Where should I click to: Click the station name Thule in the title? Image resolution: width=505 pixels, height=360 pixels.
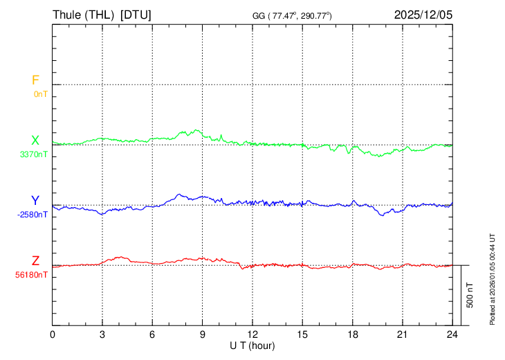click(x=68, y=15)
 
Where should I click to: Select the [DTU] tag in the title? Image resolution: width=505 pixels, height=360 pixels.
click(x=136, y=15)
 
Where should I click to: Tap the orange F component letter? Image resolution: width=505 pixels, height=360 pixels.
click(x=35, y=80)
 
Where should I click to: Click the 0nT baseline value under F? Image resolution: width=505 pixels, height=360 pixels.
click(x=41, y=93)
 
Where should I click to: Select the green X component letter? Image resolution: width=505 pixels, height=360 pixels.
click(x=35, y=141)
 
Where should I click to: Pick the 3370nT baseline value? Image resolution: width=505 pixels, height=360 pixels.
click(x=33, y=154)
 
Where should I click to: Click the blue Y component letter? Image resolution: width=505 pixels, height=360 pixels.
click(x=35, y=201)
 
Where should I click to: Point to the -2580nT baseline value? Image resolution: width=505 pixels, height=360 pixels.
click(x=33, y=215)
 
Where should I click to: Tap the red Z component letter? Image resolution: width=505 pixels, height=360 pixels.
click(x=35, y=261)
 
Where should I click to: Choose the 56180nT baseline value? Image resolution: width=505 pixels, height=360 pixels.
click(x=32, y=275)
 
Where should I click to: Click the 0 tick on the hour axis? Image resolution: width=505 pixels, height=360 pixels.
click(x=53, y=334)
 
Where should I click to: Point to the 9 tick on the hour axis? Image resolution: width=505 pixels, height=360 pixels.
click(x=203, y=334)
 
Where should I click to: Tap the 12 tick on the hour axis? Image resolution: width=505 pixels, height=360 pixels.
click(x=252, y=334)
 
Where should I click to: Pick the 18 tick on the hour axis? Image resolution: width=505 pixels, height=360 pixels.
click(x=352, y=334)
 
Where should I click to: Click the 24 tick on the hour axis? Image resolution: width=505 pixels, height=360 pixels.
click(x=452, y=334)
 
